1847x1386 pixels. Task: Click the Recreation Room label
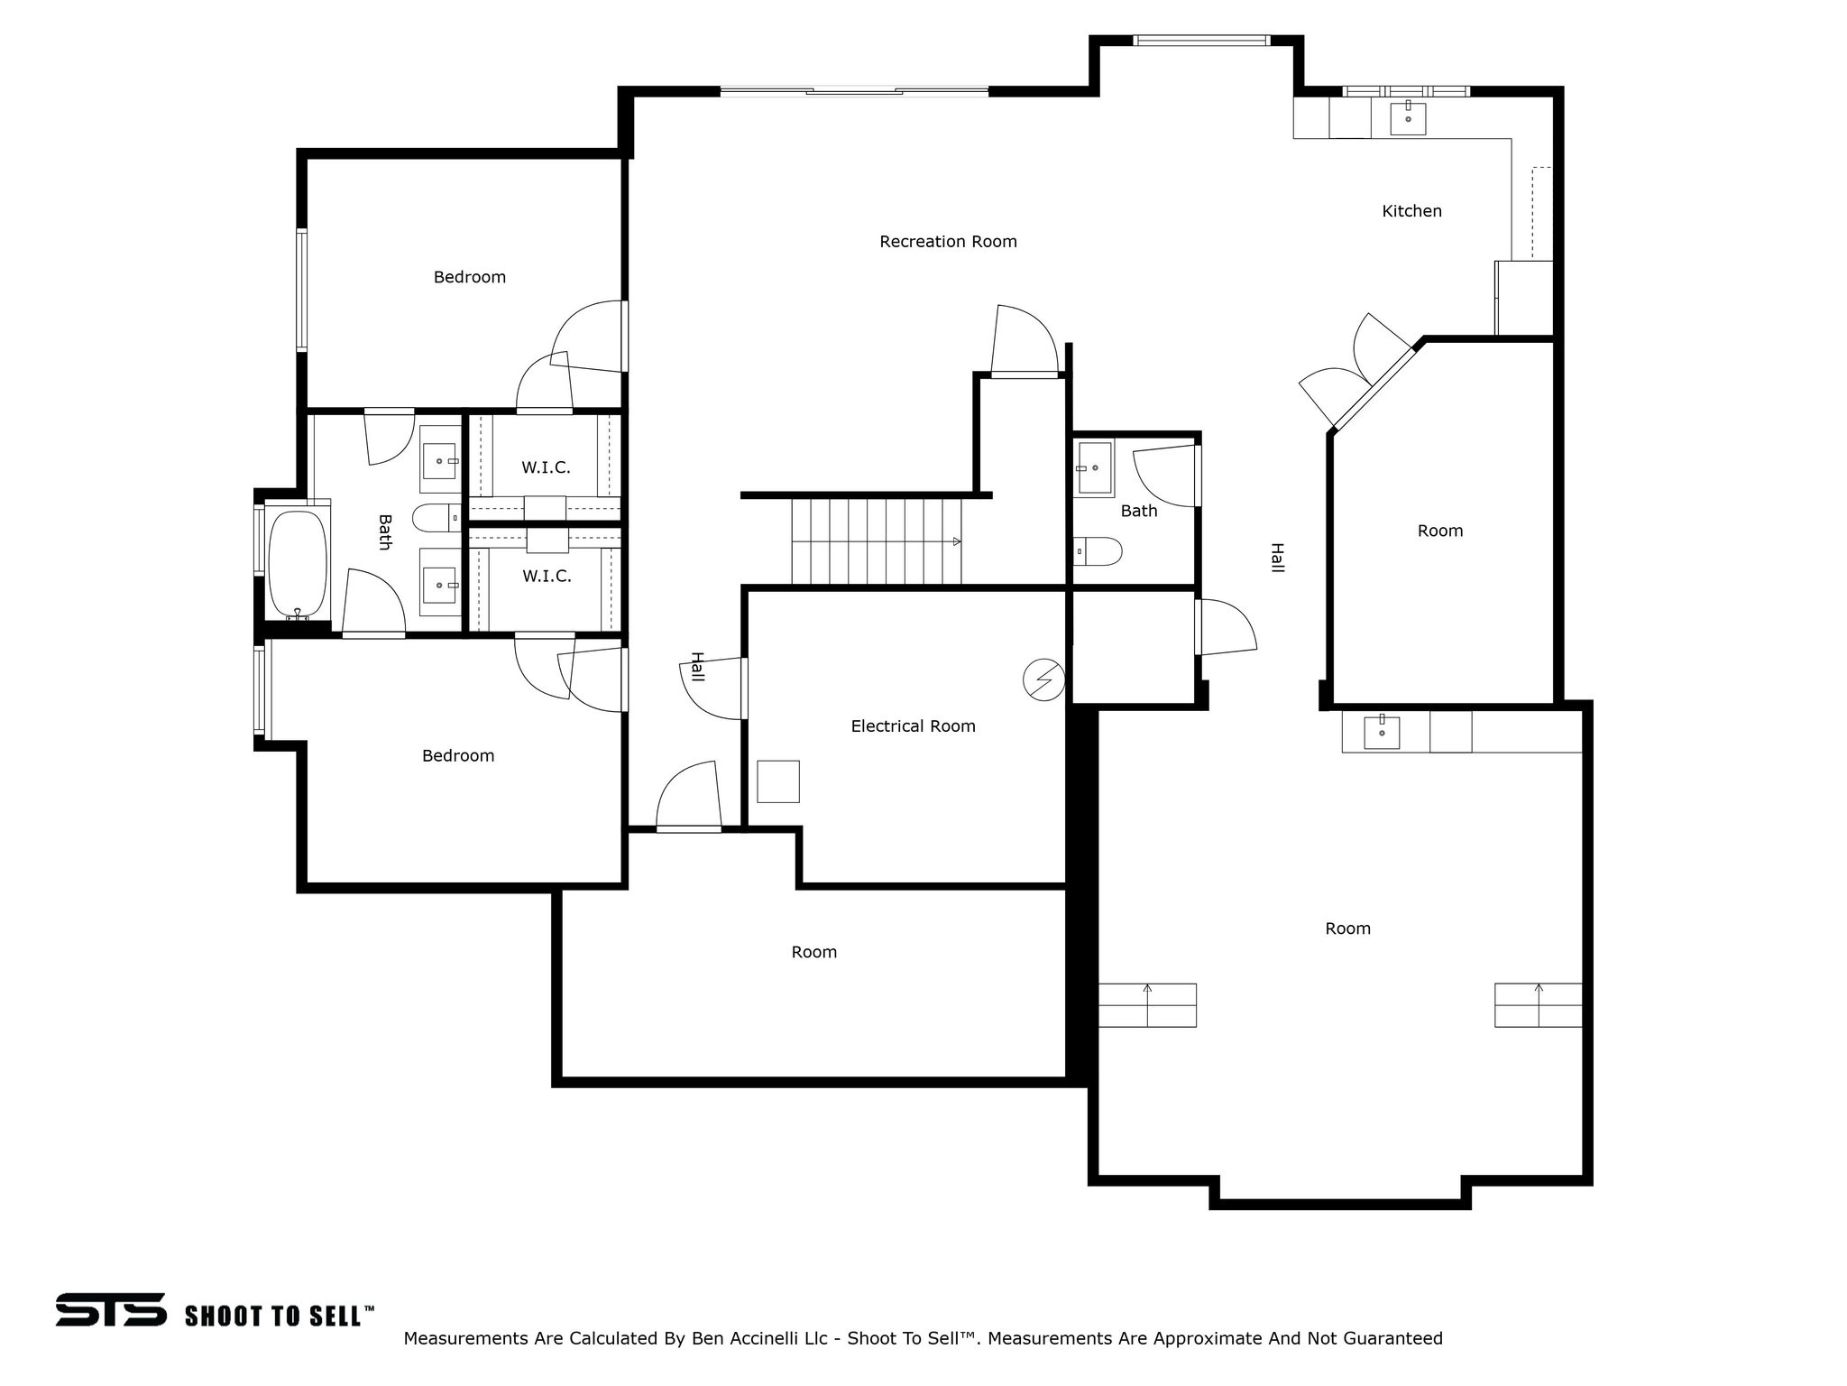tap(948, 242)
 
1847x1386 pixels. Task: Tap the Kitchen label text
tap(1411, 211)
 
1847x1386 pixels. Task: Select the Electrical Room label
tap(913, 726)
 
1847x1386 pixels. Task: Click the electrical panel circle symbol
tap(1043, 679)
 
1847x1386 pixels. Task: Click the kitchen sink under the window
tap(1408, 118)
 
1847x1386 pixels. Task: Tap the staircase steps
tap(876, 541)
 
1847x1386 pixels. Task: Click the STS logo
tap(111, 1309)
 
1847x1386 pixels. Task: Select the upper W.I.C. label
tap(546, 467)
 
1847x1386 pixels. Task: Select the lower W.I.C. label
tap(547, 577)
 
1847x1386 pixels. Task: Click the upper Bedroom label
tap(469, 277)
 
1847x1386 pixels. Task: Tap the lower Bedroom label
tap(458, 756)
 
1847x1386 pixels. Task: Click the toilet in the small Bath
tap(1098, 550)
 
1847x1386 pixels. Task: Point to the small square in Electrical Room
tap(777, 781)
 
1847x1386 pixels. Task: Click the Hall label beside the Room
tap(1277, 557)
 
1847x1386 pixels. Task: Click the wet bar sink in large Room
tap(1382, 732)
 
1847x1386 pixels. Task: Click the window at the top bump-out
tap(1200, 41)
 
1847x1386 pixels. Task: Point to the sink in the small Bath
tap(1095, 467)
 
